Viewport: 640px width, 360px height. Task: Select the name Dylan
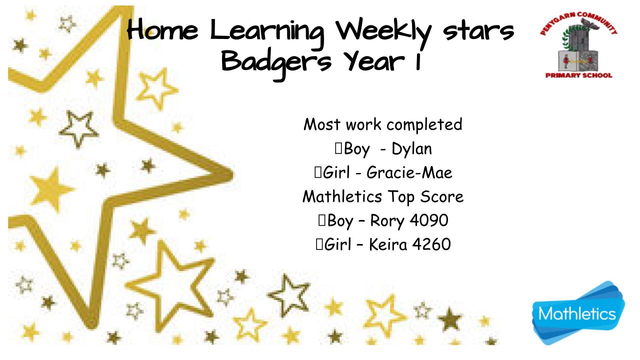(411, 149)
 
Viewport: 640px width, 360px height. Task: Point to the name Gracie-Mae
(409, 172)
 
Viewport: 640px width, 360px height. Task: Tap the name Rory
(387, 221)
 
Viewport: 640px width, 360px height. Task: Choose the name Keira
(388, 244)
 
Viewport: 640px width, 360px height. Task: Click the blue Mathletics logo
(578, 313)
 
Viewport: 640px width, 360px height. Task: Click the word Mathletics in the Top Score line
(342, 196)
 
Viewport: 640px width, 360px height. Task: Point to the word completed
(424, 125)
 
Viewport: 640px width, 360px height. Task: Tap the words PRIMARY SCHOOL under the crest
(579, 75)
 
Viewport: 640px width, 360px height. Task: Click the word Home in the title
(162, 29)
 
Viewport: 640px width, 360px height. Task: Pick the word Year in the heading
(374, 61)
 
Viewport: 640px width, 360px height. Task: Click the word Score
(441, 196)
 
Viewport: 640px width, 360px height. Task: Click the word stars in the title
(478, 31)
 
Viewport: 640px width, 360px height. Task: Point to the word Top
(401, 197)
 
